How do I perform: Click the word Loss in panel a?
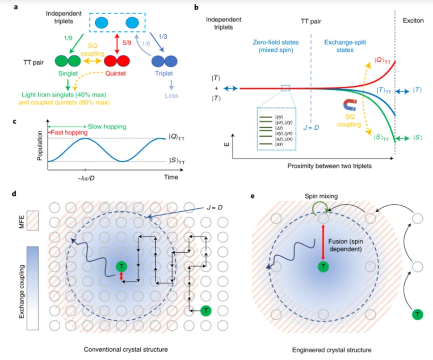click(171, 95)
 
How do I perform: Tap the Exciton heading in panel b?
click(415, 20)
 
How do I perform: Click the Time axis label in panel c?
click(170, 177)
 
